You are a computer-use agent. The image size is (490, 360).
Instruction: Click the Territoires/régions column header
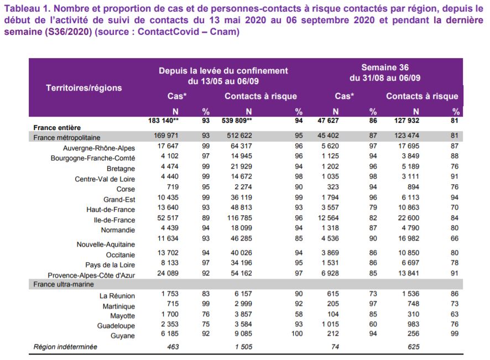(84, 87)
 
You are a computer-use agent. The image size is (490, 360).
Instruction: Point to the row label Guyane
(122, 336)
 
